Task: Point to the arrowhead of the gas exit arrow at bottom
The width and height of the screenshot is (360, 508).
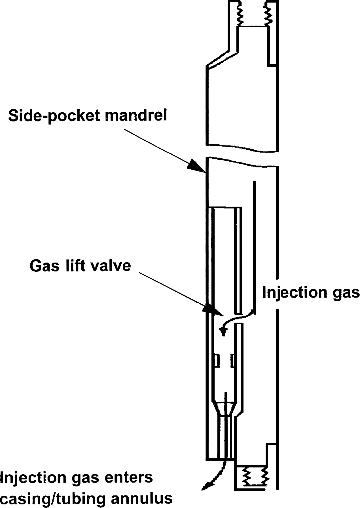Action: tap(206, 486)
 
